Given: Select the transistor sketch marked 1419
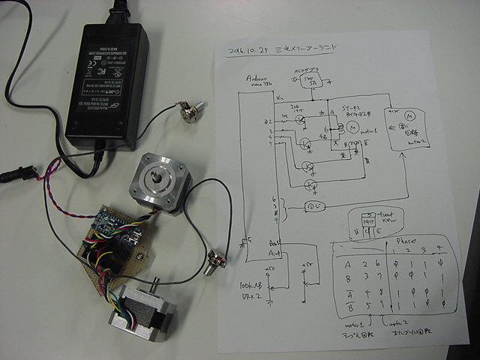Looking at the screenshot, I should pyautogui.click(x=367, y=223).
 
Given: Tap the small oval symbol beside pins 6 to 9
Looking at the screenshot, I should pyautogui.click(x=313, y=205).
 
